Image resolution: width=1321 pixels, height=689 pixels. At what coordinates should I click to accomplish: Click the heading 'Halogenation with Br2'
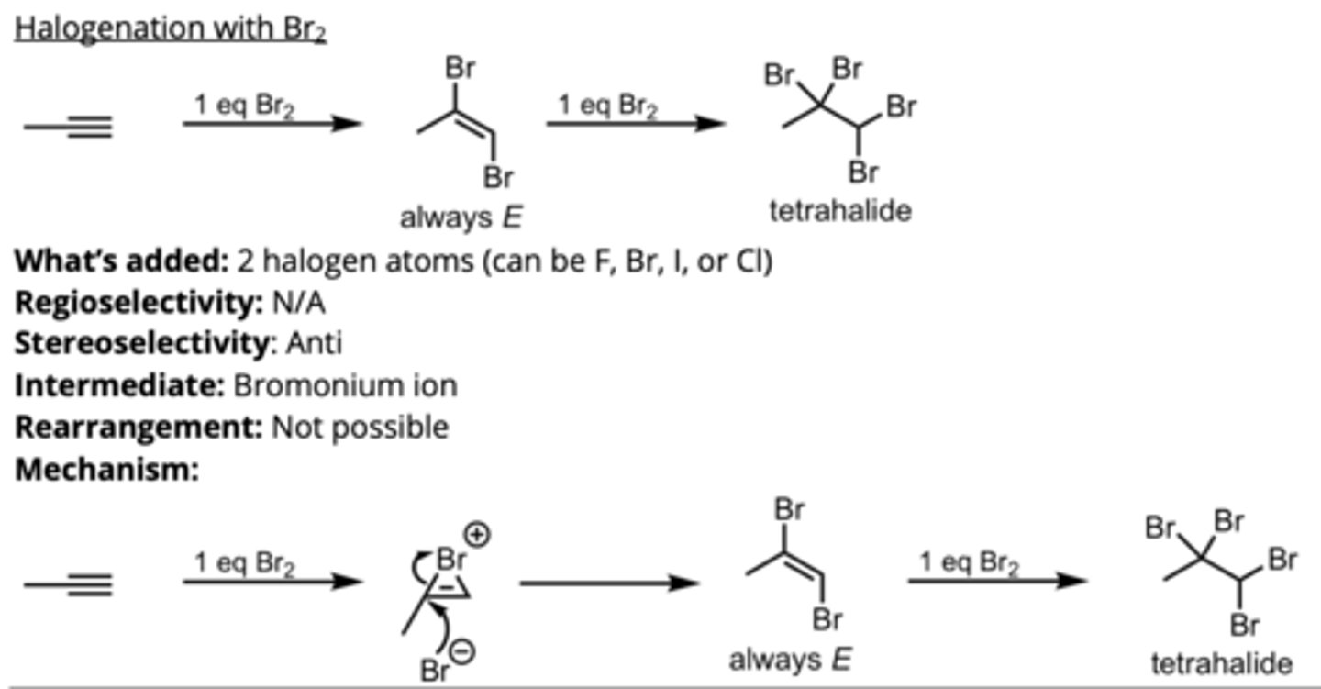[171, 29]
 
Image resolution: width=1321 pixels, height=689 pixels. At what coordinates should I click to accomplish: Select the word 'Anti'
[314, 343]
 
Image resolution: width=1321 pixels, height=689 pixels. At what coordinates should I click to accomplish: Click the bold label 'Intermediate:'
[119, 385]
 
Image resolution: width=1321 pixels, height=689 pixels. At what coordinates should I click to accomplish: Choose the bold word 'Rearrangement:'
[139, 428]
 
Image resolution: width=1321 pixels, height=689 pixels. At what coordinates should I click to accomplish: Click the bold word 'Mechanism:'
[106, 470]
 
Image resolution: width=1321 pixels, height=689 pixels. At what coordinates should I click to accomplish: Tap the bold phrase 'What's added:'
[120, 261]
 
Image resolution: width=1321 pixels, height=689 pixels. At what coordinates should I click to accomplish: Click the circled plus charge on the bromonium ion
[480, 535]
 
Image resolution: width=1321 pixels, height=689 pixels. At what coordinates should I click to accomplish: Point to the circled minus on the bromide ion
[464, 652]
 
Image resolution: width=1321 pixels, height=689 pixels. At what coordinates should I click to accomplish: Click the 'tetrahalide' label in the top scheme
[841, 211]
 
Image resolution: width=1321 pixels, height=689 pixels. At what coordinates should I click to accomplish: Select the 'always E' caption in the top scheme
[461, 217]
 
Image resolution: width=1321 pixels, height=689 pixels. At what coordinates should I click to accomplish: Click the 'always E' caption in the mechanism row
[791, 660]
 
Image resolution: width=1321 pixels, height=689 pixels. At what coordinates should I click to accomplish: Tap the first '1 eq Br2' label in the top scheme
[244, 106]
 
